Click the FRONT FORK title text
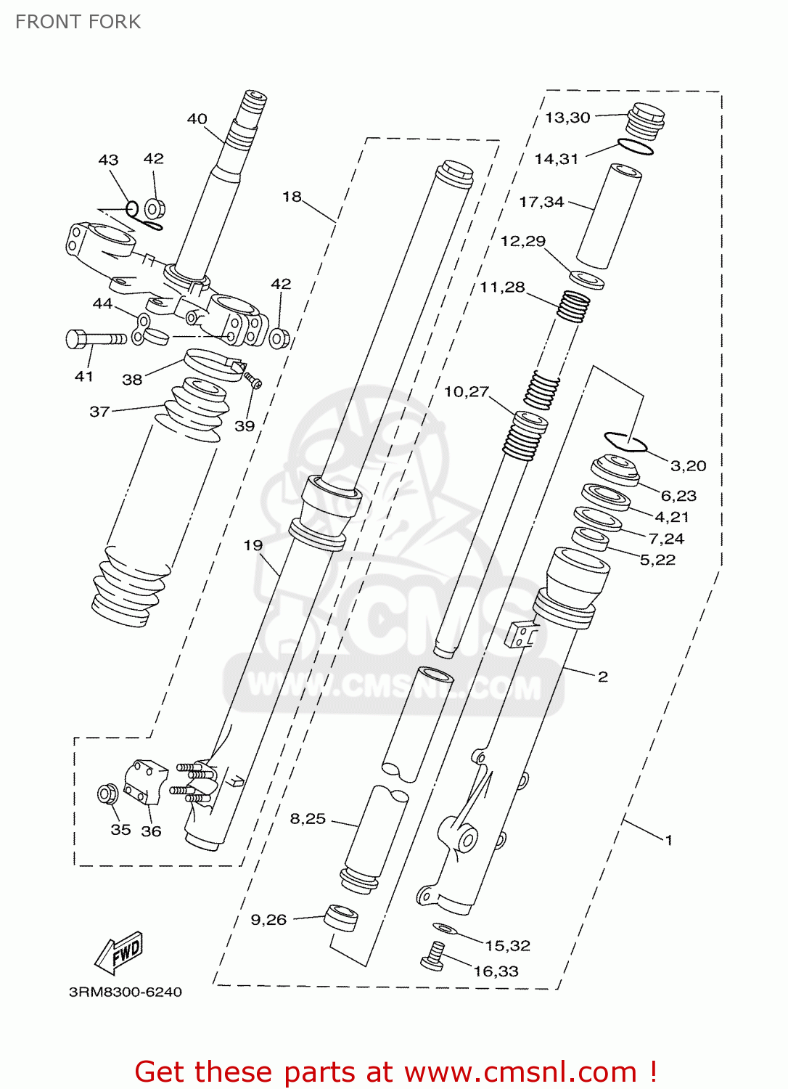[x=78, y=22]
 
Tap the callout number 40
[x=197, y=119]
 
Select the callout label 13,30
[x=567, y=118]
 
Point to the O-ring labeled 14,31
[x=636, y=147]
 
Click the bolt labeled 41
[x=94, y=338]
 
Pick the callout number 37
[x=99, y=412]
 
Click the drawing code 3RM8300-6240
[x=125, y=992]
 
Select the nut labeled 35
[x=108, y=794]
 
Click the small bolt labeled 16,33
[x=433, y=955]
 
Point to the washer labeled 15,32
[x=444, y=928]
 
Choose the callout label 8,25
[x=308, y=818]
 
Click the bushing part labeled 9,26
[x=340, y=918]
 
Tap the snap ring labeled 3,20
[x=625, y=441]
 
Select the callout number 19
[x=253, y=545]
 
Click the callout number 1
[x=668, y=840]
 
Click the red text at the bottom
[x=395, y=1072]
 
